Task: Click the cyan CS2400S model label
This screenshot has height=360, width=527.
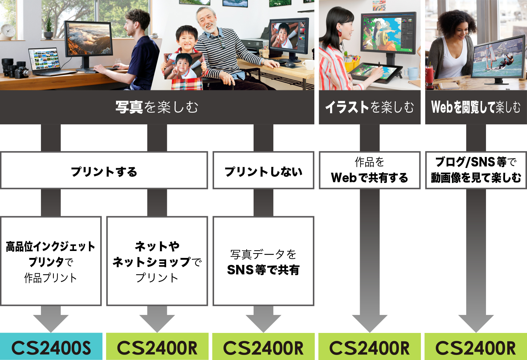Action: [51, 346]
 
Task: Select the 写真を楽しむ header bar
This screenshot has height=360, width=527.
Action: [157, 107]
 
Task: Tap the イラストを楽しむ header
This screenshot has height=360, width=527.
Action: [370, 107]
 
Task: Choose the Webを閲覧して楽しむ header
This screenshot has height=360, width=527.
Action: [476, 107]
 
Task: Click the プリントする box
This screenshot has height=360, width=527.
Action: [104, 170]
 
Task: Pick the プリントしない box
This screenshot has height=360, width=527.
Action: [263, 170]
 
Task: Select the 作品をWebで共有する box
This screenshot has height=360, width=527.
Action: [370, 170]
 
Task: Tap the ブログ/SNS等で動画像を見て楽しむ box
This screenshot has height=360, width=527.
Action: [476, 170]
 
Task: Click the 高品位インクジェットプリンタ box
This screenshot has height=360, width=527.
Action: [51, 261]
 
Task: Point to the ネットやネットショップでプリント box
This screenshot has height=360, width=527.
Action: [157, 261]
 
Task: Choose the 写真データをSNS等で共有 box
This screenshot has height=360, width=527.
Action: [263, 261]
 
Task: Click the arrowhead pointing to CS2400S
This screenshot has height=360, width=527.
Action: [51, 323]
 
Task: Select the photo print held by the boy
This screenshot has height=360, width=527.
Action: [183, 66]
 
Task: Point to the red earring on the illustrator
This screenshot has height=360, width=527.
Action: [340, 33]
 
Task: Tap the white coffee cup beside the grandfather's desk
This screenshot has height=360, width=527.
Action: [309, 65]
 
